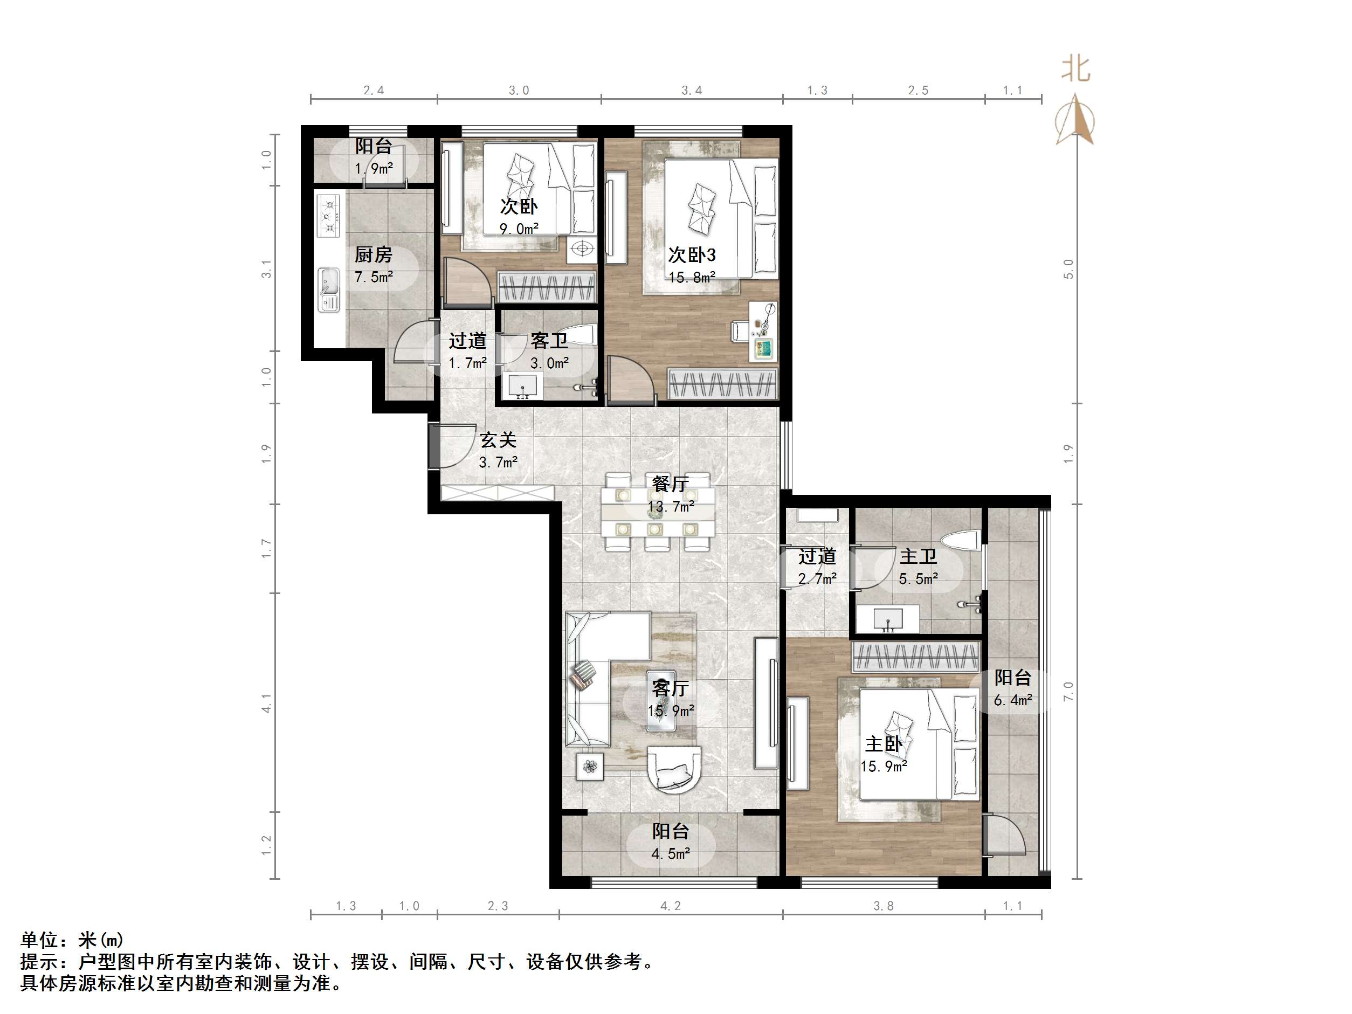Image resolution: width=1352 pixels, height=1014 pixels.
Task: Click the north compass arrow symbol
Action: coord(1075,120)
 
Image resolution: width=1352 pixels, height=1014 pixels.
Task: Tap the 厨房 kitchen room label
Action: coord(374,254)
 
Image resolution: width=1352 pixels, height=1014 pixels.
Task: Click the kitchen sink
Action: coord(328,291)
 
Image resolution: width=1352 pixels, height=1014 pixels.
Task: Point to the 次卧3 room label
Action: coord(691,254)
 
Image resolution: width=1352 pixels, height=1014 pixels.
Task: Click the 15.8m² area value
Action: coord(691,278)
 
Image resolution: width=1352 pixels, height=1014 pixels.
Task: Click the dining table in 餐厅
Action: coord(658,511)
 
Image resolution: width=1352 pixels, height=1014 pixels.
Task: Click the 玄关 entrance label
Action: coord(498,440)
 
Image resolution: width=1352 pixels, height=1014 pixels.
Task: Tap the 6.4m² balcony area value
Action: coord(1013,700)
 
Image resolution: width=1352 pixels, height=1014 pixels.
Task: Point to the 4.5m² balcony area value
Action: coord(671,854)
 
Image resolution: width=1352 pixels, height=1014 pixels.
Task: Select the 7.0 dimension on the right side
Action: coord(1068,691)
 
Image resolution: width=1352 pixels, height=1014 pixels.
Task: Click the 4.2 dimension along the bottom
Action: coord(670,906)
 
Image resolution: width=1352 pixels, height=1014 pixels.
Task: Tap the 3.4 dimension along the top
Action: coord(691,91)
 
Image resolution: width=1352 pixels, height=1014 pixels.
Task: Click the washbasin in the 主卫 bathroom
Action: coord(887,619)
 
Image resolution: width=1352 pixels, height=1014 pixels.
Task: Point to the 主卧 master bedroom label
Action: coord(883,744)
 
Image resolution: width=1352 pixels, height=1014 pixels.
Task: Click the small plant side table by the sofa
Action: coord(590,766)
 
